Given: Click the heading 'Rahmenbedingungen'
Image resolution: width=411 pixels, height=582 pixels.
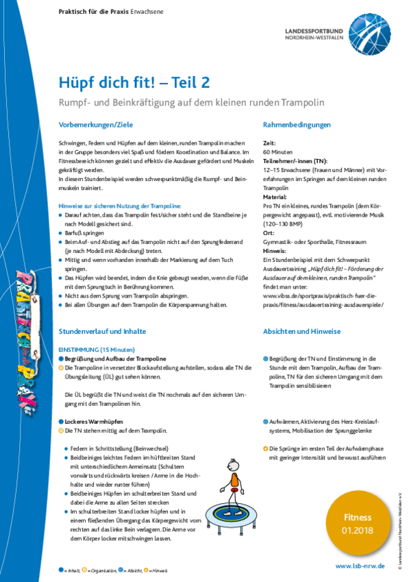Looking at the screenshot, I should tap(297, 125).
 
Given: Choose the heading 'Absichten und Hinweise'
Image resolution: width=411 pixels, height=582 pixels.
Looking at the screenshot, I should tap(301, 331).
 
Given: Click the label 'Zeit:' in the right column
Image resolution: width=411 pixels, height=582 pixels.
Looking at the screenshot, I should tap(269, 141).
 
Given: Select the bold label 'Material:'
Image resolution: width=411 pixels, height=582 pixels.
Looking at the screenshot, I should tap(275, 196).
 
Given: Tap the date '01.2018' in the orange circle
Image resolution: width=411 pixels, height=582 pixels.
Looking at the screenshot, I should tap(358, 531).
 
